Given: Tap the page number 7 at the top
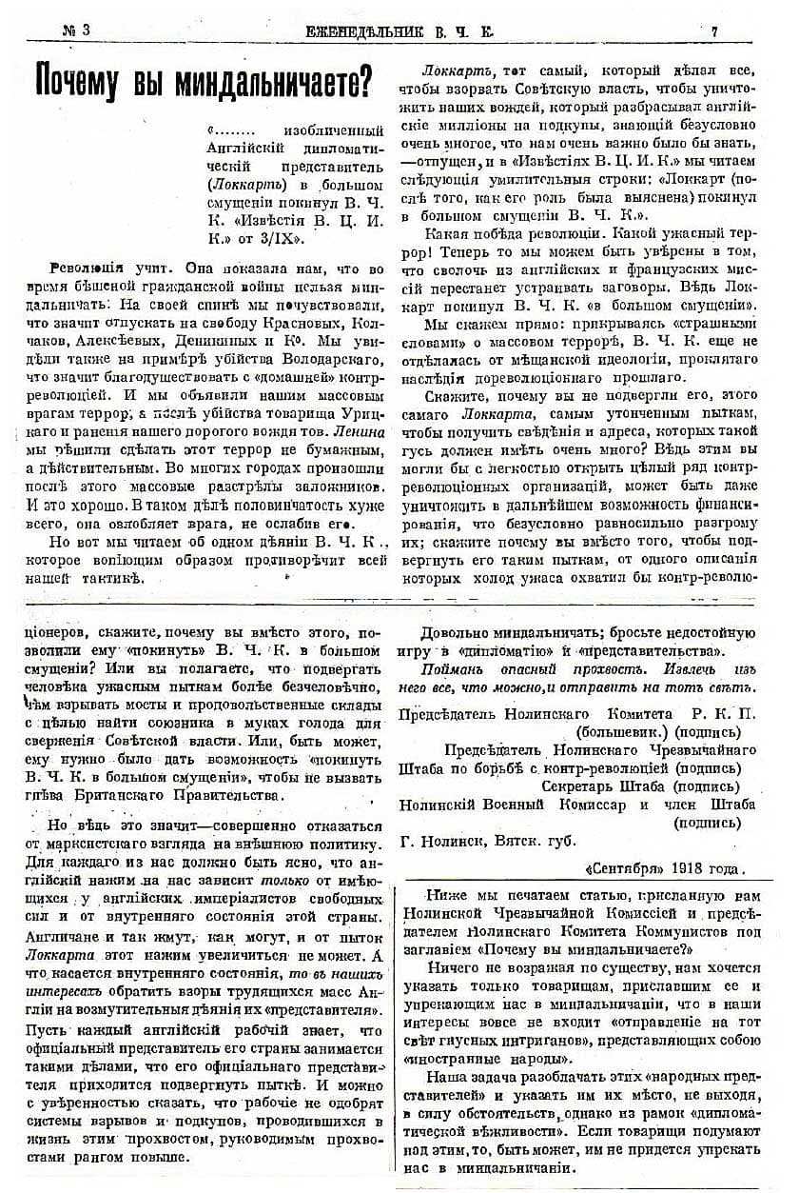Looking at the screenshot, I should click(x=714, y=30).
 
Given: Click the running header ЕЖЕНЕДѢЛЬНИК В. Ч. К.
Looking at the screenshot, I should click(x=397, y=30).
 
